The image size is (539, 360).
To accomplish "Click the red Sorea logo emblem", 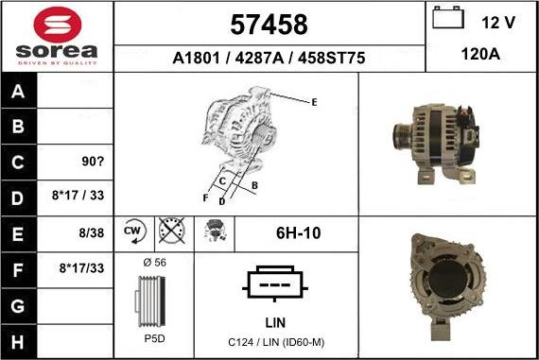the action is [58, 25].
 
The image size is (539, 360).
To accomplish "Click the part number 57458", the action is [269, 25].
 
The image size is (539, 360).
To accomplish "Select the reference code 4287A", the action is [259, 58].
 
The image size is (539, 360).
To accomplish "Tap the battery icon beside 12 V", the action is [448, 18].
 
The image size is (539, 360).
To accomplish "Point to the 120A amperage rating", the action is [480, 54].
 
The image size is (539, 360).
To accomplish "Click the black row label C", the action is [18, 163].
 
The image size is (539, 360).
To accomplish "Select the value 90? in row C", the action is [93, 162].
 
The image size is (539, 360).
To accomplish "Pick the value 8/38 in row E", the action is [92, 232].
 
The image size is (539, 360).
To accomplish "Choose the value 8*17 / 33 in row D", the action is [78, 196].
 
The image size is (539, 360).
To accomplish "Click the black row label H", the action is [18, 342].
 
